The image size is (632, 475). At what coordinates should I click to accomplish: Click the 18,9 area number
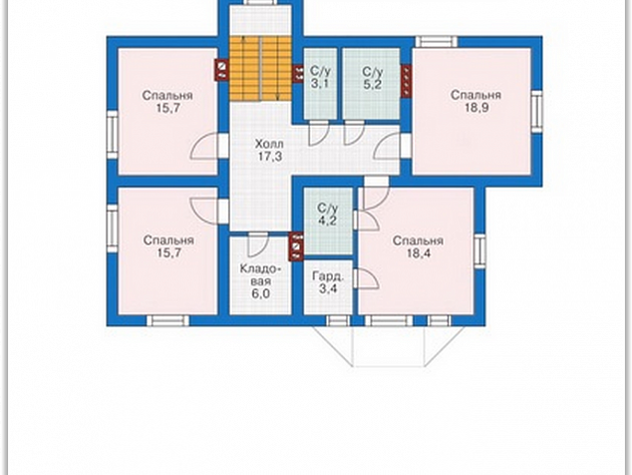(x=475, y=108)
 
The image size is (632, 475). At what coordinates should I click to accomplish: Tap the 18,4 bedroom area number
(x=418, y=253)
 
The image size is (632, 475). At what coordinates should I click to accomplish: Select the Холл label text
(x=269, y=144)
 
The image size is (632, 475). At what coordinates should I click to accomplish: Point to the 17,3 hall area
(x=270, y=157)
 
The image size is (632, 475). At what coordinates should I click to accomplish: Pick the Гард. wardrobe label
(x=328, y=276)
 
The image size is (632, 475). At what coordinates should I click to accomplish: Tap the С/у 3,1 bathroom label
(x=320, y=78)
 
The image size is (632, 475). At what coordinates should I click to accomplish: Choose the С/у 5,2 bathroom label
(x=372, y=78)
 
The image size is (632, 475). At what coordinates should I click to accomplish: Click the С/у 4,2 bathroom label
(x=327, y=215)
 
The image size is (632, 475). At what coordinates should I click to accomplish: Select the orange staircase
(x=260, y=69)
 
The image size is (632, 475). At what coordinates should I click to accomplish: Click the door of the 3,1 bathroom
(x=318, y=133)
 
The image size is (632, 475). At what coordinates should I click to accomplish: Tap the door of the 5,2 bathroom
(x=354, y=133)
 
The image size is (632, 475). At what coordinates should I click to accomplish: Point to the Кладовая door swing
(x=258, y=244)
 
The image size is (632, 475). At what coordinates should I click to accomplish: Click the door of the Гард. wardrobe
(x=366, y=278)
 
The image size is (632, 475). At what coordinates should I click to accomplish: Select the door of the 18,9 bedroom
(x=388, y=147)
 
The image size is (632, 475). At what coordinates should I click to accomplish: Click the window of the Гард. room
(x=338, y=321)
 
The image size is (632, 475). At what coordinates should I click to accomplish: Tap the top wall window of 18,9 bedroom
(x=437, y=42)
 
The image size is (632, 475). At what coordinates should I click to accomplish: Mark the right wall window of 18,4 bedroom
(x=479, y=251)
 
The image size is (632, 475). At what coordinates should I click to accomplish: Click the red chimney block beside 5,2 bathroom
(x=406, y=81)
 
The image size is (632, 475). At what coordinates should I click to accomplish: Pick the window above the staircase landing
(x=260, y=2)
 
